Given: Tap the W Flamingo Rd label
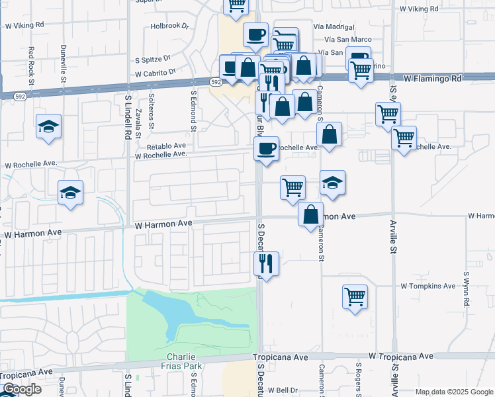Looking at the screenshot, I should coord(432,78).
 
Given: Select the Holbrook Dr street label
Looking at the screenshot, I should coord(170,26).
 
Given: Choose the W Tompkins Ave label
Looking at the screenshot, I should coord(428,286).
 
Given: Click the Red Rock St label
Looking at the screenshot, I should coord(30,60).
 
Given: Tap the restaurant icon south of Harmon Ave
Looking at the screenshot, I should coord(267,263).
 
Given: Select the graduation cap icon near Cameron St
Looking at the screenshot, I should coord(332,183).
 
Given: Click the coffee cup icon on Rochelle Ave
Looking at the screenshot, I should coord(267,148).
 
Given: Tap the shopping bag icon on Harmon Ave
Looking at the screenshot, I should coord(310,214).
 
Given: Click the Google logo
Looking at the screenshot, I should coord(22,389).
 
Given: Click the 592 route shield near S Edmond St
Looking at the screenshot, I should coord(216,82).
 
